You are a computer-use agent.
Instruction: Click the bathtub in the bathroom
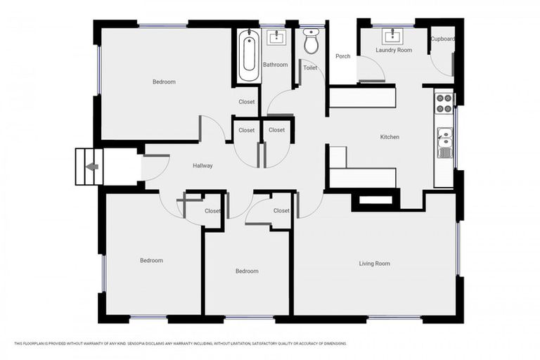247,56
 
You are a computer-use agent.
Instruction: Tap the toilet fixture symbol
311,43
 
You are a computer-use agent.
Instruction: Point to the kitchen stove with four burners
444,103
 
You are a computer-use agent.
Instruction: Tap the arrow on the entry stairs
91,167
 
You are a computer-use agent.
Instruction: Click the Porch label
342,56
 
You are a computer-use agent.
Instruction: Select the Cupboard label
442,39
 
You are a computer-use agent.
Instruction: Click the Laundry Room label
394,51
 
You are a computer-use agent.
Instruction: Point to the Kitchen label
390,137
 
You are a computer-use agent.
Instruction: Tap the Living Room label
374,264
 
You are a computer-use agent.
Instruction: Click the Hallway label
202,166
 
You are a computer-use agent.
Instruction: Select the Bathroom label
275,65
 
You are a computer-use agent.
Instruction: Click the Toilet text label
310,68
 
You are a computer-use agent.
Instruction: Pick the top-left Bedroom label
164,82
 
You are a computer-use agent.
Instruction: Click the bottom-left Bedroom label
151,261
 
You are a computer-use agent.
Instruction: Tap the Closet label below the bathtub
246,102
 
